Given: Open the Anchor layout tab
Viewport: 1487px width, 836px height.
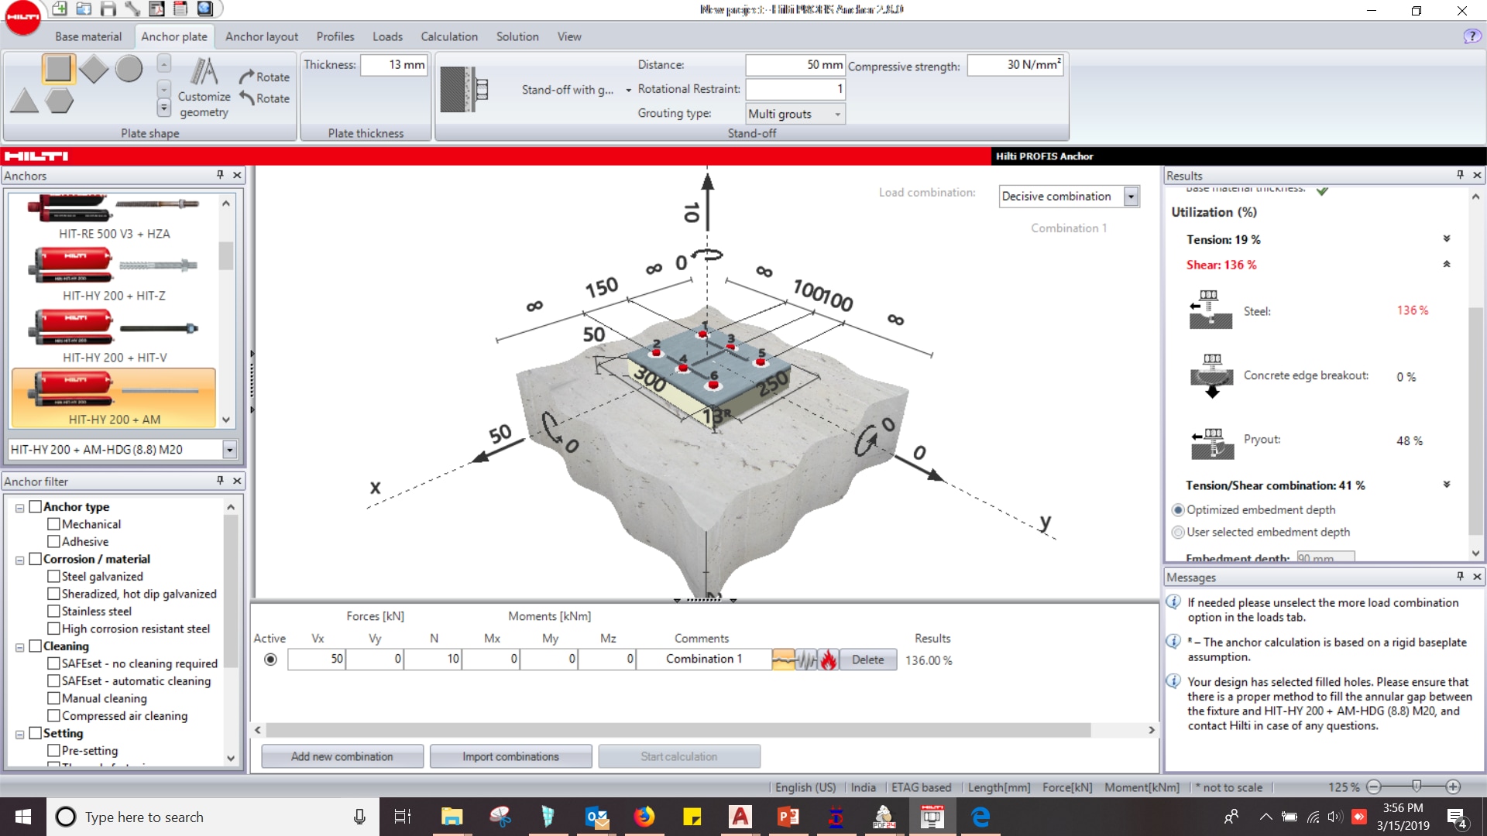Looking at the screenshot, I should [261, 36].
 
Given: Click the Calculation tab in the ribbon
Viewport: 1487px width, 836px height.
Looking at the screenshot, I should [448, 36].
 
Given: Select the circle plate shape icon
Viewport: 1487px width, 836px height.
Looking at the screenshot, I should [129, 69].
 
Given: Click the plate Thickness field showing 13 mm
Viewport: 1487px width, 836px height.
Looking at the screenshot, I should [394, 65].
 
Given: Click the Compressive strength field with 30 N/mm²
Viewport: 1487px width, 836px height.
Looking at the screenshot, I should [1015, 65].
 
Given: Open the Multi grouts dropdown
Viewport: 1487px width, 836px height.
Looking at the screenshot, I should [837, 114].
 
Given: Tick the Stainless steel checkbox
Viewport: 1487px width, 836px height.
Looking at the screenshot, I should [53, 612].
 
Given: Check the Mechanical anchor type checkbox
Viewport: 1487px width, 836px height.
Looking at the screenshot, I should [53, 524].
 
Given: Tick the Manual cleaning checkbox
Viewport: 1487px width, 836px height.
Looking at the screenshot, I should [53, 698].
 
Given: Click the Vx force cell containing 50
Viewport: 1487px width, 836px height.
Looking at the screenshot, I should [317, 660].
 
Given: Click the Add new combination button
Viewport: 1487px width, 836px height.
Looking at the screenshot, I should [342, 756].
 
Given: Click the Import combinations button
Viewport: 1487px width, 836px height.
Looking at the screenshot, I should [510, 756].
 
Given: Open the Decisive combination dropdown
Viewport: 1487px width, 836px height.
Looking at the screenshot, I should [1131, 197].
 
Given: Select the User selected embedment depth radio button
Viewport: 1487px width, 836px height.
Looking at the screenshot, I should [1178, 533].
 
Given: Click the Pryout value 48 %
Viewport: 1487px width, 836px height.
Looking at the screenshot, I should [1409, 441].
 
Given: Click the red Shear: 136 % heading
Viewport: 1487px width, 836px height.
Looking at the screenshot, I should [1221, 265].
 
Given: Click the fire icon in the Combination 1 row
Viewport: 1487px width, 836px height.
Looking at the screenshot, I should [829, 660].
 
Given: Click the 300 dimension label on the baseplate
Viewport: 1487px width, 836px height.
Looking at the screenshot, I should [650, 379].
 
